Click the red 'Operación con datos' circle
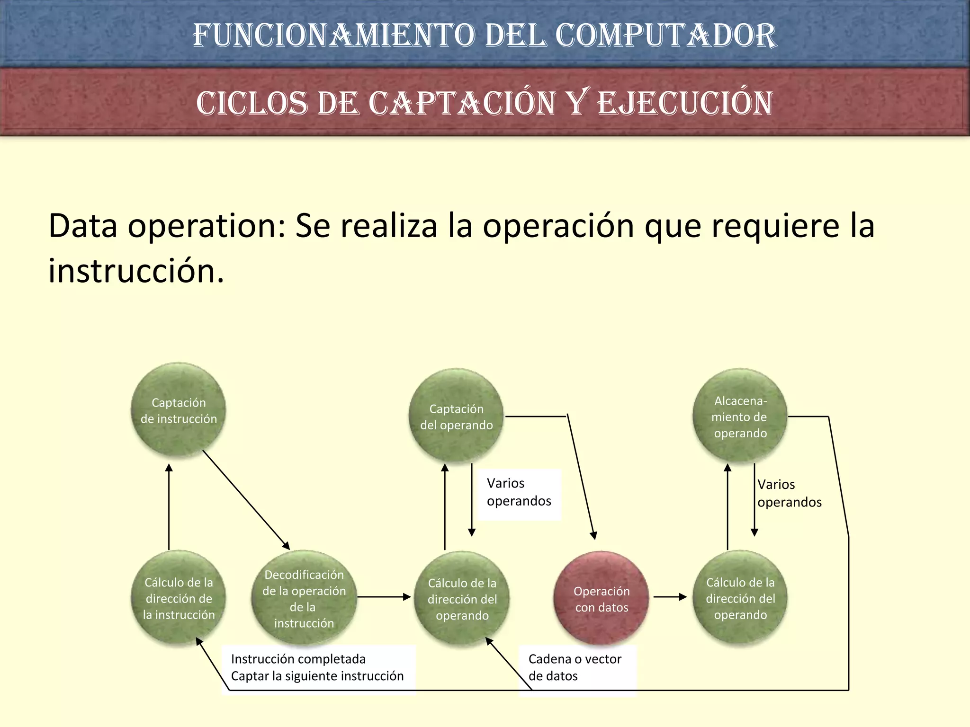click(x=601, y=598)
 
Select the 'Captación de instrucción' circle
click(x=179, y=410)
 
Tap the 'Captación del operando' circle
click(x=456, y=416)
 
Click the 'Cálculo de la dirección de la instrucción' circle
click(x=179, y=598)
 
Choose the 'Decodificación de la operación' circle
click(x=304, y=598)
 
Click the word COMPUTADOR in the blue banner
click(x=665, y=35)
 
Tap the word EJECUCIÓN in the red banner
click(x=685, y=103)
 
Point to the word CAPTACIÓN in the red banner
click(x=462, y=103)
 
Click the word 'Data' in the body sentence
click(x=83, y=226)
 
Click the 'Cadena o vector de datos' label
click(x=575, y=667)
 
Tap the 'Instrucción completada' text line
click(x=298, y=659)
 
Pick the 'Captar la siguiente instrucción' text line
click(x=317, y=676)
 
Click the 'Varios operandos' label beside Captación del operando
click(x=519, y=492)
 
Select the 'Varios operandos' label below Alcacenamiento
click(x=789, y=493)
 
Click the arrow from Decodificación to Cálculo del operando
click(x=384, y=597)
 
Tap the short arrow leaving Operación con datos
click(x=670, y=597)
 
